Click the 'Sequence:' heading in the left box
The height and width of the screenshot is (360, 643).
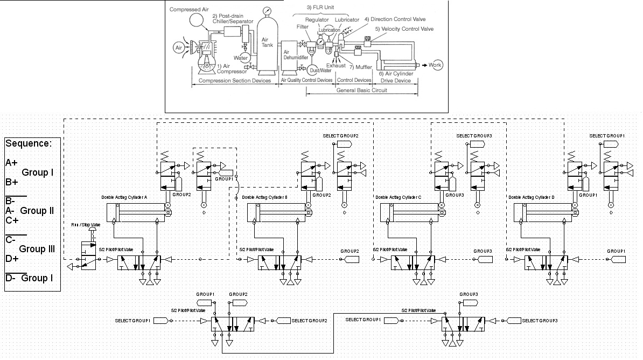click(29, 143)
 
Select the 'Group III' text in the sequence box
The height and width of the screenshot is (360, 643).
click(37, 249)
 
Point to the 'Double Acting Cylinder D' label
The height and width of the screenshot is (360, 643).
click(531, 197)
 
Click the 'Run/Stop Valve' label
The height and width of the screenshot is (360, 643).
click(86, 224)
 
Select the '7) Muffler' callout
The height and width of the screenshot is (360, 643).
click(360, 67)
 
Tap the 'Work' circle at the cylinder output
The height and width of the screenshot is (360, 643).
click(435, 65)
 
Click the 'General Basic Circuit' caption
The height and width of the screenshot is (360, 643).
click(362, 91)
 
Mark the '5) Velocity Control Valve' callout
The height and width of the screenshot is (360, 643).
click(404, 29)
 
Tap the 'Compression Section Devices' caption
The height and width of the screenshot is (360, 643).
click(235, 81)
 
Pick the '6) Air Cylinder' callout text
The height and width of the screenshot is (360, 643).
click(395, 73)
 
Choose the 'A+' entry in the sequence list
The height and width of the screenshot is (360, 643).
click(11, 162)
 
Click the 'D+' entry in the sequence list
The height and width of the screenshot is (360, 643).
click(12, 259)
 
